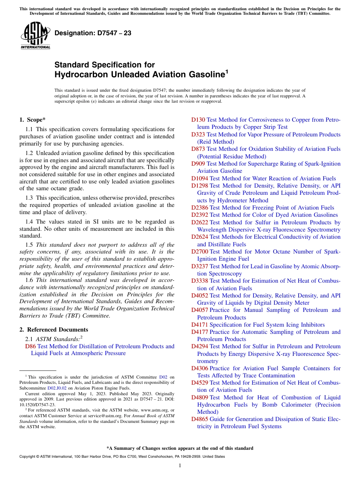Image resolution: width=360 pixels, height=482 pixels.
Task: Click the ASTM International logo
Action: pyautogui.click(x=35, y=35)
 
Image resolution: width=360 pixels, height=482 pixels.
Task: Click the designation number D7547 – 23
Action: pyautogui.click(x=93, y=33)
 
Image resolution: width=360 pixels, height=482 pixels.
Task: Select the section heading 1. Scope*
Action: pyautogui.click(x=33, y=120)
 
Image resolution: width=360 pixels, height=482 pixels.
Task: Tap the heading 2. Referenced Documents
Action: pyautogui.click(x=54, y=330)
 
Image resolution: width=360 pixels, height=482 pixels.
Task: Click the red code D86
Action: pyautogui.click(x=30, y=346)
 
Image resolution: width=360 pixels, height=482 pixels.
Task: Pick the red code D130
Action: pyautogui.click(x=198, y=120)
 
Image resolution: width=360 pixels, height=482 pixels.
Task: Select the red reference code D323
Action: pyautogui.click(x=198, y=135)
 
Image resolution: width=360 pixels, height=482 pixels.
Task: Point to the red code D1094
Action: pyautogui.click(x=200, y=178)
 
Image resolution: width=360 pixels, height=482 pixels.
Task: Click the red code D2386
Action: pyautogui.click(x=200, y=208)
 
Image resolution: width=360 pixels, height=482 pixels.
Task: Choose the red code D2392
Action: pyautogui.click(x=200, y=215)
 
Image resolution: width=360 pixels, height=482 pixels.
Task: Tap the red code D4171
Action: pyautogui.click(x=200, y=325)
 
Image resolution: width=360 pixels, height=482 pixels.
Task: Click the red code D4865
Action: pyautogui.click(x=200, y=419)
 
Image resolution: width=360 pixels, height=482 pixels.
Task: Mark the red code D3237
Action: pyautogui.click(x=200, y=266)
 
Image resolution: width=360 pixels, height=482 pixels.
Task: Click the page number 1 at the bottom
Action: pyautogui.click(x=180, y=466)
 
